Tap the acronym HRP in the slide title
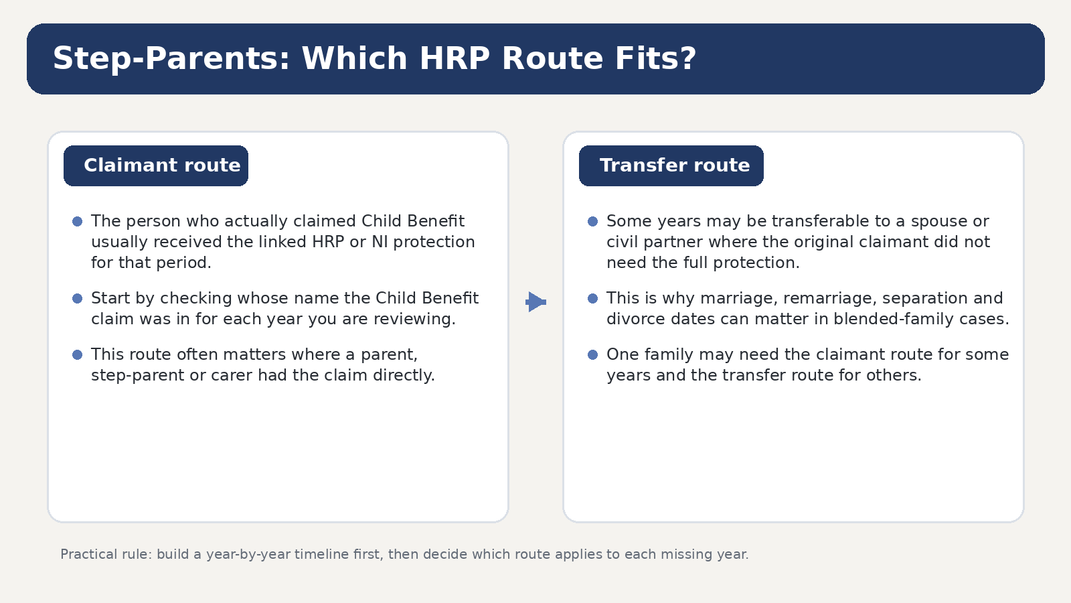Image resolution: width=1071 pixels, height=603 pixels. point(455,58)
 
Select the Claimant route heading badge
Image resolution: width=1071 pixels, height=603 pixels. point(156,165)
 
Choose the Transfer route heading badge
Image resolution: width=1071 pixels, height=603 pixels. point(671,165)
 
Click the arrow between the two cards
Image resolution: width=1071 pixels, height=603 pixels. point(536,302)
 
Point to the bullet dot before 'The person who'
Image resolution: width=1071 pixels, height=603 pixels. point(78,221)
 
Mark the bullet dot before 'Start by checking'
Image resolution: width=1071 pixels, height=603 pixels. point(78,298)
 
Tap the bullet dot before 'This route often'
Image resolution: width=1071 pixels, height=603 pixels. point(78,354)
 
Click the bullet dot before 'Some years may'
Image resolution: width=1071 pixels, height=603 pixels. point(593,221)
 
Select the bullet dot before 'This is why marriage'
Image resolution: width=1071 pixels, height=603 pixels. point(593,298)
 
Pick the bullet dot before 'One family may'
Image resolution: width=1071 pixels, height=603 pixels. point(593,354)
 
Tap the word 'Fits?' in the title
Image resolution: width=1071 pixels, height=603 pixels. point(655,58)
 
